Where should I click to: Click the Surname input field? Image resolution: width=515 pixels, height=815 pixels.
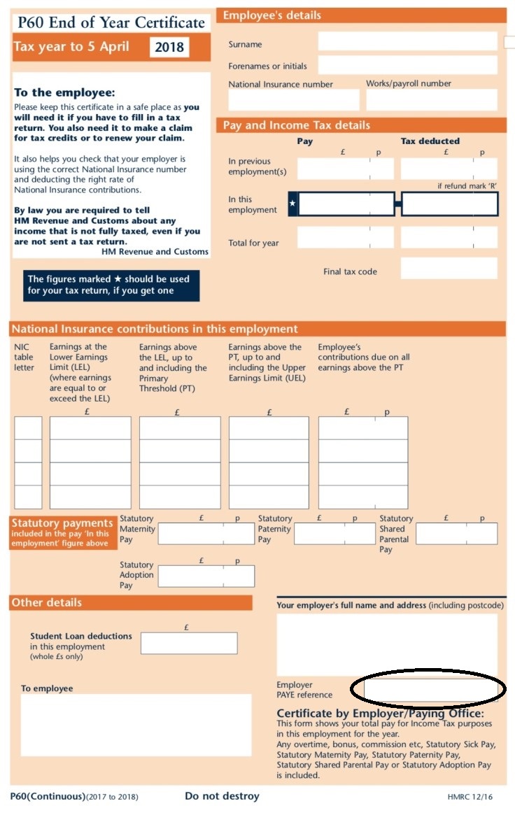407,41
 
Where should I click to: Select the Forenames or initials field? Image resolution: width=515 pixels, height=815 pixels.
407,65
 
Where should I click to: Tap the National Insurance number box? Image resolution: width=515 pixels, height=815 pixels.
293,100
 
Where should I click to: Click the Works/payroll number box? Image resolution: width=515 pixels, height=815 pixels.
431,100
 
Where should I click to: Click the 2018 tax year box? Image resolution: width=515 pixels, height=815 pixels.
169,48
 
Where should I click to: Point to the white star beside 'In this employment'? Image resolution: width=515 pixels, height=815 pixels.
293,204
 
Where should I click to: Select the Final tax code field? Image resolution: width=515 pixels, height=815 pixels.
449,269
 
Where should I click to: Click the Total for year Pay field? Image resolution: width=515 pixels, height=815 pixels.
345,238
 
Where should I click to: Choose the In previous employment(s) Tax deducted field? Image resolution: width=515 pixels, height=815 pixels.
449,169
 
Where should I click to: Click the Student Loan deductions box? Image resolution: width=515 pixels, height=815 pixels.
189,643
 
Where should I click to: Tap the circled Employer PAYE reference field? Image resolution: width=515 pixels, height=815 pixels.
430,690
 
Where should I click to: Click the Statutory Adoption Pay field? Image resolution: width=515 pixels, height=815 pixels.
206,576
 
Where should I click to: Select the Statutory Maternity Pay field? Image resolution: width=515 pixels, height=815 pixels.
206,533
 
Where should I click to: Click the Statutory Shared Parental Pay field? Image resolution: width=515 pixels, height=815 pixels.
456,533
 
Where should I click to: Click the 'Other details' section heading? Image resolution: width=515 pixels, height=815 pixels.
47,602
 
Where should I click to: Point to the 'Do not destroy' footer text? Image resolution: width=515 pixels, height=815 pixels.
222,796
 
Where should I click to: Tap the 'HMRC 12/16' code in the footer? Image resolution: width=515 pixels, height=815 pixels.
470,797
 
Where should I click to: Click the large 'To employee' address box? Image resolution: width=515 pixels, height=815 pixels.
136,725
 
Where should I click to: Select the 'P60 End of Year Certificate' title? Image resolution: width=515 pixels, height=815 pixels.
111,22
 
